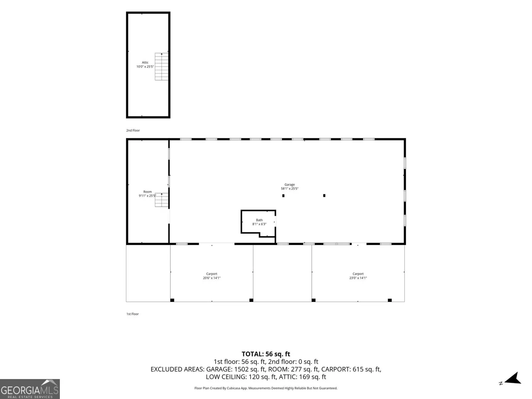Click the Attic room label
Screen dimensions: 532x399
(x=145, y=62)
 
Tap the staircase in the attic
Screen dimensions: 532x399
(x=161, y=66)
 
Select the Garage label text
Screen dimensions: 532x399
(x=289, y=185)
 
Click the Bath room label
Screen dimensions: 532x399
(x=259, y=220)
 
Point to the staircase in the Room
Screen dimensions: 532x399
(x=161, y=200)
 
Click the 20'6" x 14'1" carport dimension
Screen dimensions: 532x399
(x=212, y=278)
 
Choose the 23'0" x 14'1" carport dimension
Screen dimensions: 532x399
(x=358, y=278)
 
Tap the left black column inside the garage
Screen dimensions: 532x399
(x=283, y=195)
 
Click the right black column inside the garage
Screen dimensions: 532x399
(x=324, y=195)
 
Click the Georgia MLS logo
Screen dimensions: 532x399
(x=30, y=389)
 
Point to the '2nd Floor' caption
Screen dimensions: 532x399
(x=133, y=130)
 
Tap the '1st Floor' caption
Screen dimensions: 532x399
(x=132, y=314)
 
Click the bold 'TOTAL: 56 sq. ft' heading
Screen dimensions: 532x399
(x=266, y=354)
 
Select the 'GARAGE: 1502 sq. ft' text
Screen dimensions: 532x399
(x=235, y=369)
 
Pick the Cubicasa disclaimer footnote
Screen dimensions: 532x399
(x=266, y=388)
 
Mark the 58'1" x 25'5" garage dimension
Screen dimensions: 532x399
(x=289, y=188)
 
